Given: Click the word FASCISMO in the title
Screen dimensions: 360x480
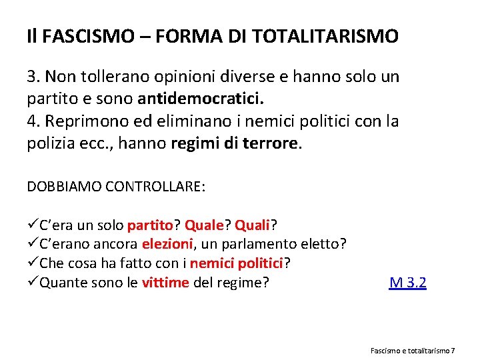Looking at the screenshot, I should point(75,36).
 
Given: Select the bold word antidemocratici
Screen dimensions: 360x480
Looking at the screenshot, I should point(201,99).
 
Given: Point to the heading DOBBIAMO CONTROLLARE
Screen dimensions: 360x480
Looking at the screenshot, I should point(116,186).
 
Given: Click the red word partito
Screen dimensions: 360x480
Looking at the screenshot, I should point(154,225).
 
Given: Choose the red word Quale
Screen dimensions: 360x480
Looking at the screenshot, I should point(205,225).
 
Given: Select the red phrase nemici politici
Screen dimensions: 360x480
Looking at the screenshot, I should point(241,263).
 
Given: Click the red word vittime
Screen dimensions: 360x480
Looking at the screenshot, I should point(165,283).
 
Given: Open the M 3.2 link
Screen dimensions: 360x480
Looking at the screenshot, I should point(407,283).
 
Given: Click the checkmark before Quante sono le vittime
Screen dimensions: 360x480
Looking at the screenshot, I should point(33,283).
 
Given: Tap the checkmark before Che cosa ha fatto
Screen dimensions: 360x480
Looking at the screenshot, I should point(33,263).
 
